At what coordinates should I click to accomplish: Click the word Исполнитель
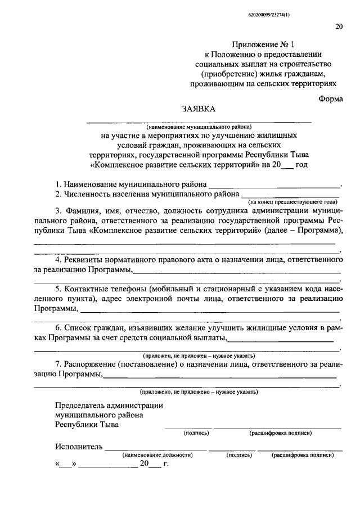tap(79, 447)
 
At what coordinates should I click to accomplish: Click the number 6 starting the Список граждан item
tap(58, 327)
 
